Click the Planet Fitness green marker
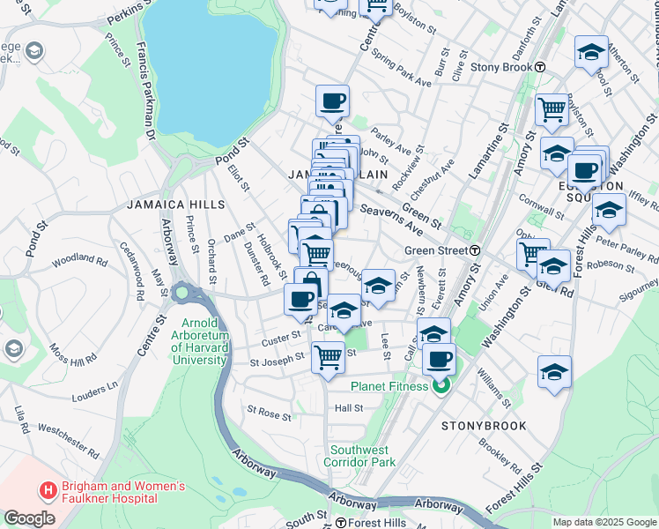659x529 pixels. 441,386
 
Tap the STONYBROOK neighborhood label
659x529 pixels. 484,426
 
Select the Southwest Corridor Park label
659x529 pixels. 359,454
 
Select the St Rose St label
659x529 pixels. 269,412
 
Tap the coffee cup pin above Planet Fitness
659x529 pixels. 439,360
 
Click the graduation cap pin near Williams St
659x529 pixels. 554,373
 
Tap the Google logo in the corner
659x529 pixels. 29,519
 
